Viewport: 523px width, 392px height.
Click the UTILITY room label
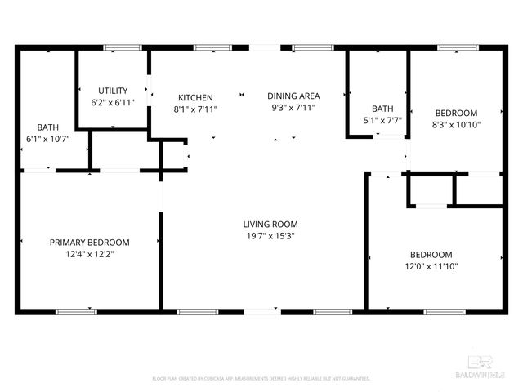click(113, 90)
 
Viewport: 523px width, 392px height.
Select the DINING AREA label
click(295, 96)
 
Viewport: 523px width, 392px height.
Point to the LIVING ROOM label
click(270, 224)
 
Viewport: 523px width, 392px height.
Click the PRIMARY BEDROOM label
click(90, 243)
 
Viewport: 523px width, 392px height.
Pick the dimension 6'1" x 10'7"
click(47, 139)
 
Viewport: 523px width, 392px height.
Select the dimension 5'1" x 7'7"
click(382, 121)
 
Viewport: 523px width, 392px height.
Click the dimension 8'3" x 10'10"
click(457, 125)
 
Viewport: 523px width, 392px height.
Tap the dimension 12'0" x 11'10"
click(431, 266)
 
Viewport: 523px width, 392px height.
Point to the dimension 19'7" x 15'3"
click(270, 236)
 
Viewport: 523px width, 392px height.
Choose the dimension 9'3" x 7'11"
click(295, 108)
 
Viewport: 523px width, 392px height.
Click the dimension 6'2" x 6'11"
click(113, 102)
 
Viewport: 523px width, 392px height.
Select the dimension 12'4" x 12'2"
click(90, 255)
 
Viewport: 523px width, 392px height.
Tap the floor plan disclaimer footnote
click(261, 379)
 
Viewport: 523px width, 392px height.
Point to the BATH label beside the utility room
click(47, 127)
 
